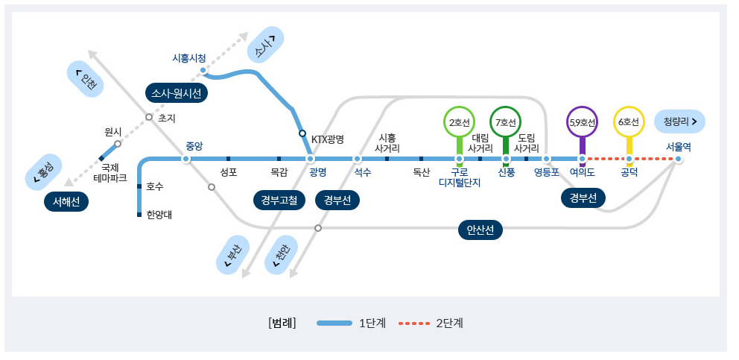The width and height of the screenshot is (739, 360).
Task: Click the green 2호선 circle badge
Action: click(459, 122)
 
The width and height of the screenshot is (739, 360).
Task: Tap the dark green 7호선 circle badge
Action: click(506, 122)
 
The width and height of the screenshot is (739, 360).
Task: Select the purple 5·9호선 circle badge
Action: click(582, 122)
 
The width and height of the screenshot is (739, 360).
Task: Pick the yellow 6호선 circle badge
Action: click(629, 122)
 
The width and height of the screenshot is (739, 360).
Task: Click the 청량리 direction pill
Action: click(679, 121)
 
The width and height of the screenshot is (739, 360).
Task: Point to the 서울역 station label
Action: click(679, 147)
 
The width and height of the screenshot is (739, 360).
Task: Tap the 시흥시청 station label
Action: click(189, 57)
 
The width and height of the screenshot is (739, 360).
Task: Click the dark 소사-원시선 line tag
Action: click(177, 93)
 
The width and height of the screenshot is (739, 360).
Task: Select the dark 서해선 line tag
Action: click(66, 201)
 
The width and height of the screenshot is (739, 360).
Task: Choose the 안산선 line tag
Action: click(480, 230)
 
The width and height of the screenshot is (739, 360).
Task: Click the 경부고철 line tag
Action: click(279, 200)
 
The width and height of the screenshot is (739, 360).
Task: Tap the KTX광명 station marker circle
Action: click(302, 133)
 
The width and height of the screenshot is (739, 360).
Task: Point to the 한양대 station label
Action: click(159, 215)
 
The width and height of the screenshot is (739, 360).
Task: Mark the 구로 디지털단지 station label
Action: click(460, 177)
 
